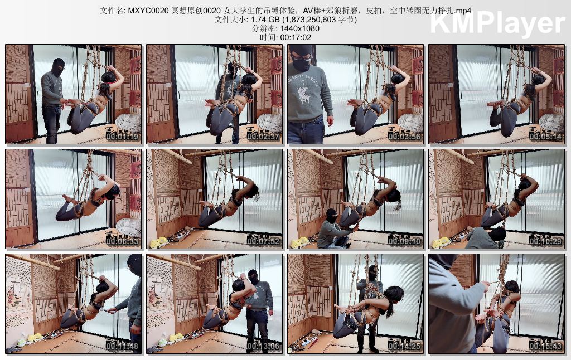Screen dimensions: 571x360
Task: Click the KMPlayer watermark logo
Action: pos(497,23)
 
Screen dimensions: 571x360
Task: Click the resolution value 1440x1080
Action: pos(299,28)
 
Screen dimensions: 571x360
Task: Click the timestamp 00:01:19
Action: pos(122,137)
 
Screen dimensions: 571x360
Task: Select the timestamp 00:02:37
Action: pos(263,137)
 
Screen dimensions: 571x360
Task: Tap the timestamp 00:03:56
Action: pos(404,137)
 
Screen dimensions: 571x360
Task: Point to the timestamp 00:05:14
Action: pos(545,137)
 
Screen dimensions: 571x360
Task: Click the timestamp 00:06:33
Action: pos(122,241)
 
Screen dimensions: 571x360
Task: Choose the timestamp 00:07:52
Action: pos(263,241)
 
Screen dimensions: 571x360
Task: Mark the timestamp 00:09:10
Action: pos(404,241)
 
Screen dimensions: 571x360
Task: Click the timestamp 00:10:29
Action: pos(545,241)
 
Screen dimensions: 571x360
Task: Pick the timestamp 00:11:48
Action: pos(122,346)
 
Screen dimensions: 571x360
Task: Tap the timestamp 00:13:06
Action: pos(263,346)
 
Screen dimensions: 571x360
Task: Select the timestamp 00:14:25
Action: pos(404,346)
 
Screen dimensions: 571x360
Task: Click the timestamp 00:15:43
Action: pos(545,346)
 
